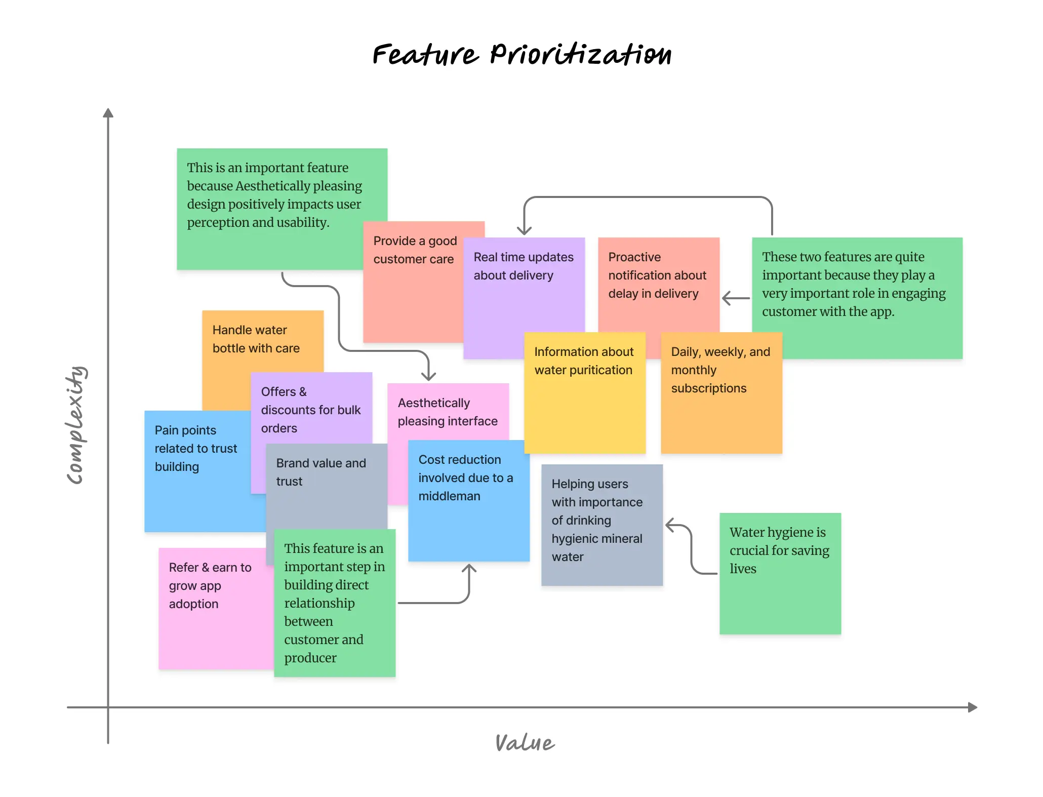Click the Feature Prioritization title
point(521,55)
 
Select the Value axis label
point(525,742)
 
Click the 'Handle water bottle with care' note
point(256,339)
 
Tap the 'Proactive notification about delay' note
point(657,284)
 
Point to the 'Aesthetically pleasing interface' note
point(448,412)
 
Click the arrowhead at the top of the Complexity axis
point(108,112)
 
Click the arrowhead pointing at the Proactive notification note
point(727,298)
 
